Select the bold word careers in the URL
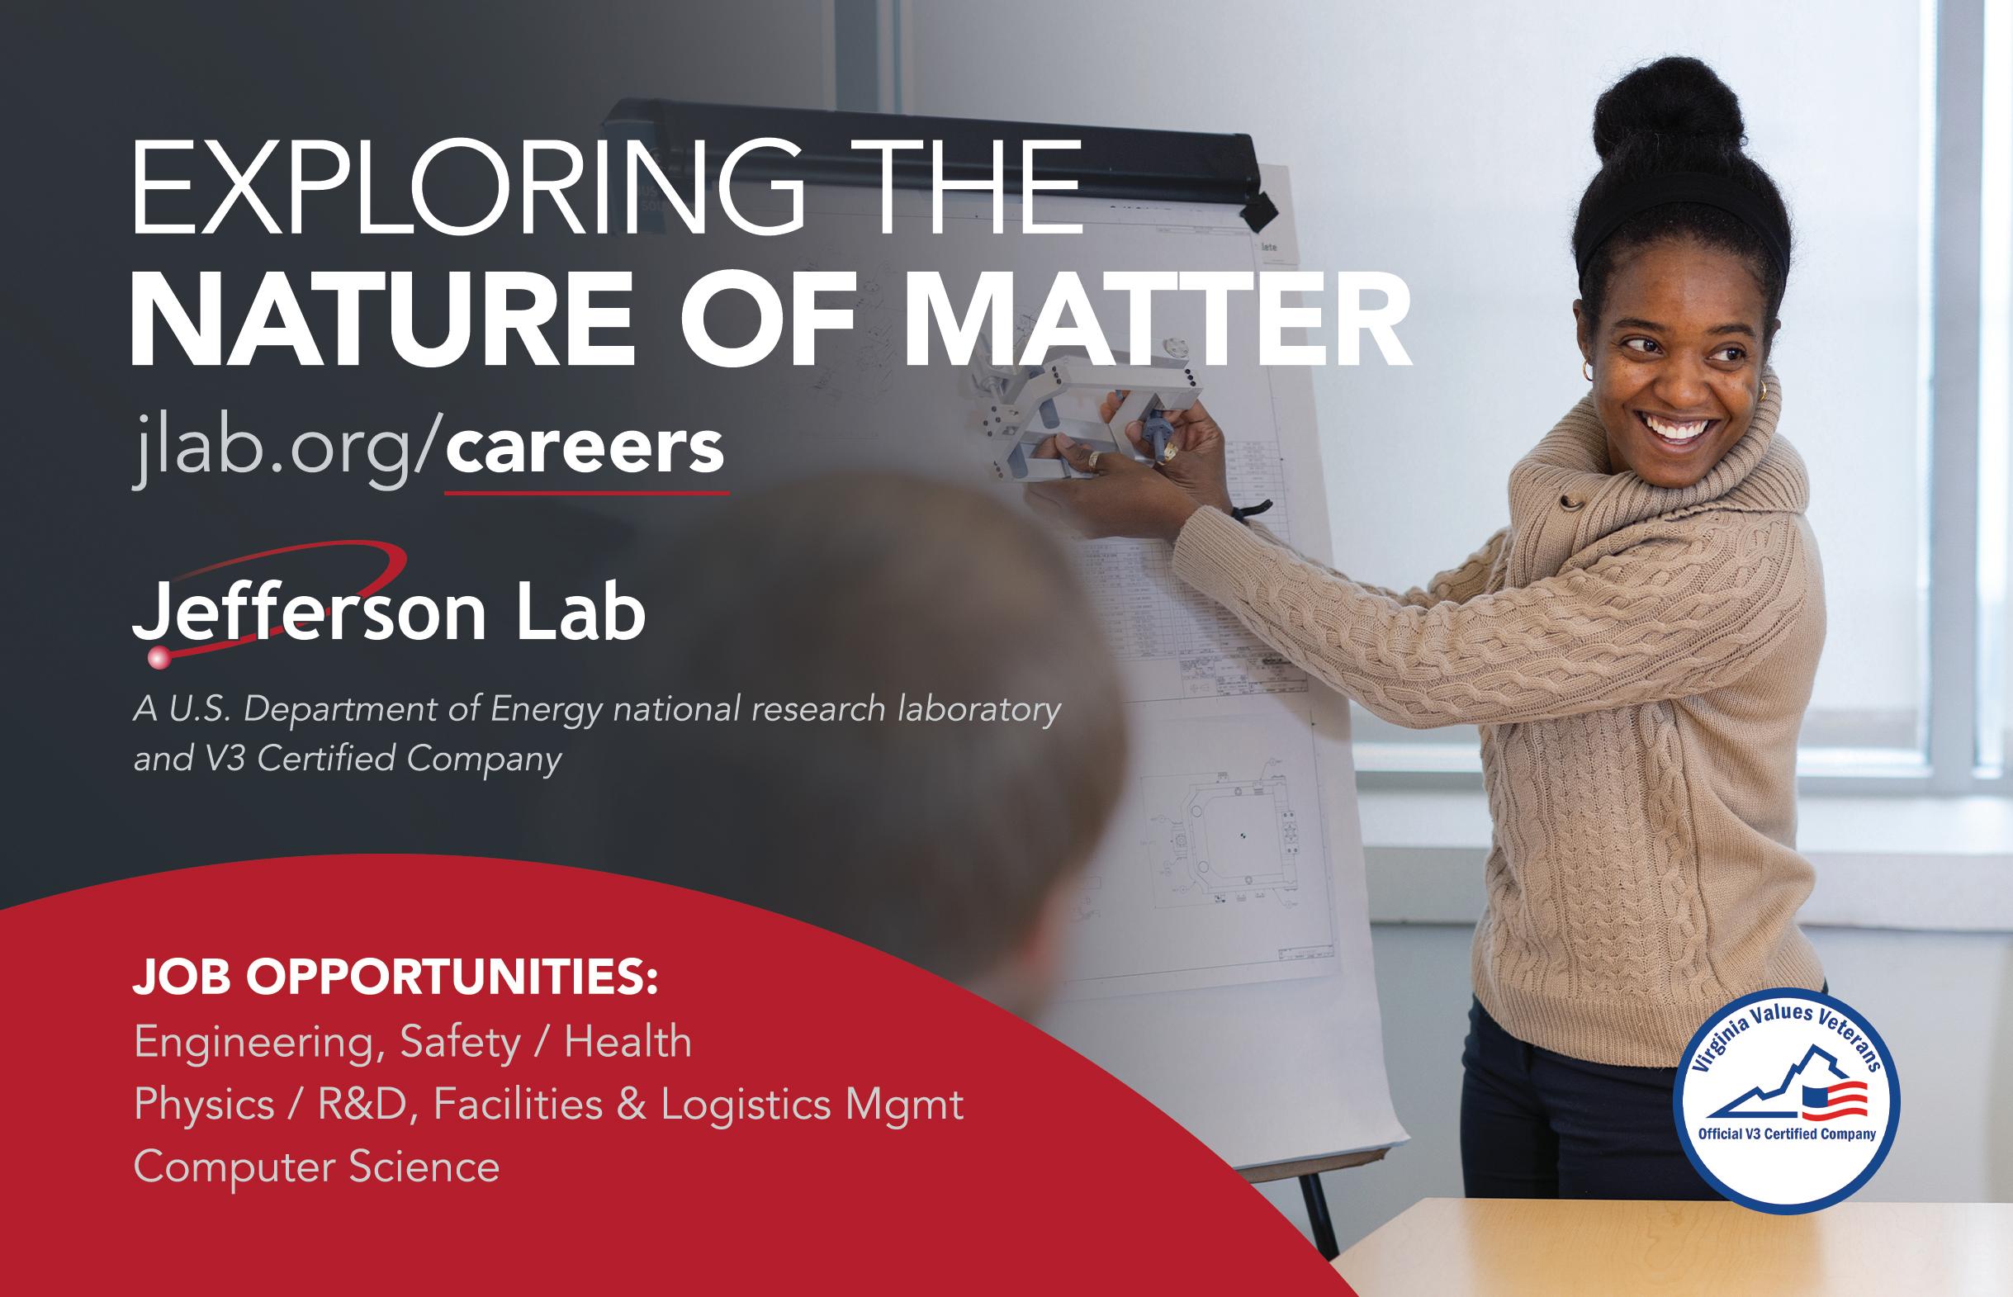585,450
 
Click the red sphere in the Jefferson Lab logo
159,657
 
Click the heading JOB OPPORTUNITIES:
395,977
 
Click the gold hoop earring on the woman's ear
1587,371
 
